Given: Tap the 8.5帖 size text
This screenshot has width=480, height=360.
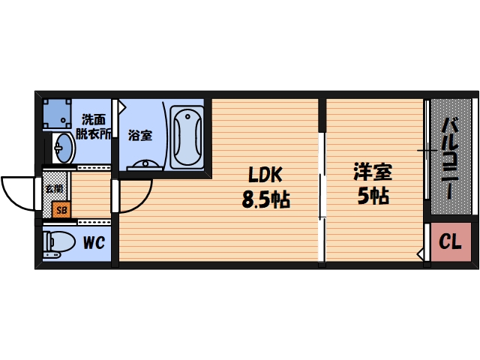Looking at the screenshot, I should coord(265,200).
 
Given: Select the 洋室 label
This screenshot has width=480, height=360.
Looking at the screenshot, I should coord(373,172).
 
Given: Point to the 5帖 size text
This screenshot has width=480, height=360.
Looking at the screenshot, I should coord(373,196).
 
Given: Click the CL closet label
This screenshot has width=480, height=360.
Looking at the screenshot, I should coord(449,241).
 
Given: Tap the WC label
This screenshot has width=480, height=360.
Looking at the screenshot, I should coord(93,242).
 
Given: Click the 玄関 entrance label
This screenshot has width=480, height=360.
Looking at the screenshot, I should coord(54,188).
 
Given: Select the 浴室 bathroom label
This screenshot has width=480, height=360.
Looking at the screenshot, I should coord(139,136).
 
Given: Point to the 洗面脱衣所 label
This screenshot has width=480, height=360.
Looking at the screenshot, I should coord(97,126).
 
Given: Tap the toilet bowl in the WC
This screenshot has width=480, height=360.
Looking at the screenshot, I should coord(59,242).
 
